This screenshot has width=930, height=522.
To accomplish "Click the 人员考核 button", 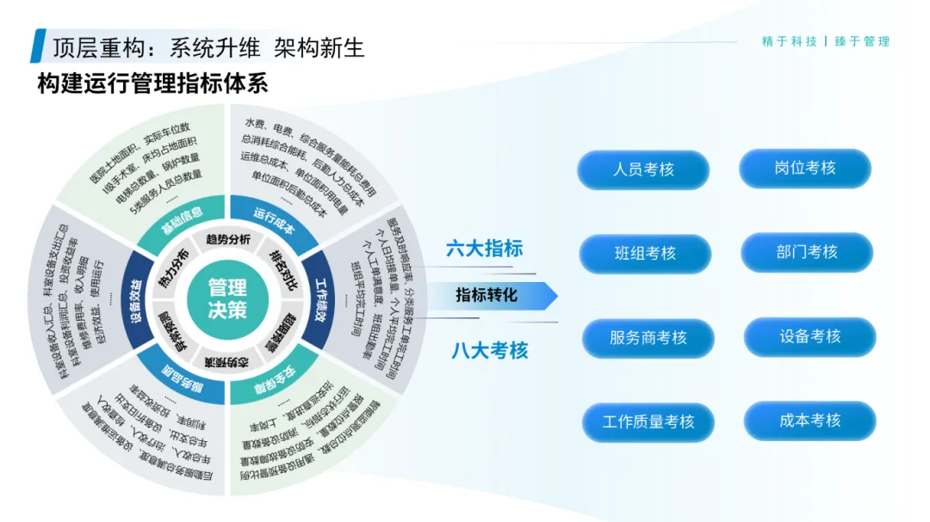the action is pos(643,169).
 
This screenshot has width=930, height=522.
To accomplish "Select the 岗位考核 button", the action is pos(805,169).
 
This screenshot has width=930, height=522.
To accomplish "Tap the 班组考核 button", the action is pos(645,254).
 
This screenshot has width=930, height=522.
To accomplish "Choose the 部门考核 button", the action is pos(807,252).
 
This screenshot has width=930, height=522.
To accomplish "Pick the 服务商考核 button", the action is pos(648,338).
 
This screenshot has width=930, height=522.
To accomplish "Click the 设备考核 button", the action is pos(809,336).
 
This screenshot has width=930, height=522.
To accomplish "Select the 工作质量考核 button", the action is pos(648,422).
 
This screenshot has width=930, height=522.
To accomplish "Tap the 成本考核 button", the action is pos(809,421).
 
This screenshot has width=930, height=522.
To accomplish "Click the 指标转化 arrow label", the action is pos(487,295).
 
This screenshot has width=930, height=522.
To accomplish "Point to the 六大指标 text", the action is pos(484,249).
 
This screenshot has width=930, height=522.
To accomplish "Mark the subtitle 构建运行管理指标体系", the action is pos(152,84).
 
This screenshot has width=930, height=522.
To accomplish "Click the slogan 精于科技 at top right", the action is pos(789,41).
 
